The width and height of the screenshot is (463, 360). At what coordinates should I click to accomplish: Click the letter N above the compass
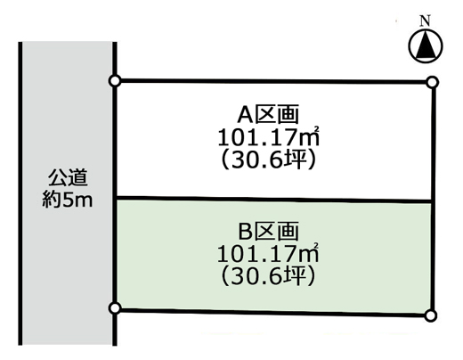tap(426, 20)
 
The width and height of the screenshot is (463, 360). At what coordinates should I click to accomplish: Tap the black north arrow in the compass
tap(426, 45)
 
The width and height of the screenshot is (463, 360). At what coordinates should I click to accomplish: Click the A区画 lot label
tap(268, 115)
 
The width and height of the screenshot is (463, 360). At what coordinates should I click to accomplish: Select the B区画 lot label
tap(268, 232)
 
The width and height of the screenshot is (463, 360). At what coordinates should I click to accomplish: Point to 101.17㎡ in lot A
tap(269, 137)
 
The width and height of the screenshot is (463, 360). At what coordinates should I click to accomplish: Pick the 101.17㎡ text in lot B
tap(268, 253)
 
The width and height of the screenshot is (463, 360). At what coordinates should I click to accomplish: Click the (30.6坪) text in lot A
tap(268, 160)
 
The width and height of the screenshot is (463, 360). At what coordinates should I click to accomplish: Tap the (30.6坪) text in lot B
tap(268, 276)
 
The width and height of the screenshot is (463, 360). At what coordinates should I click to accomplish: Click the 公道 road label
tap(68, 177)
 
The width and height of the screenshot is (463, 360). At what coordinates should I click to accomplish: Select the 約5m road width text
tap(68, 200)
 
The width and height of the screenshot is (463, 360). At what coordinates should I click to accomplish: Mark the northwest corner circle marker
tap(115, 81)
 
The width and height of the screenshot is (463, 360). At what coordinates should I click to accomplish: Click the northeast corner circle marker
tap(433, 82)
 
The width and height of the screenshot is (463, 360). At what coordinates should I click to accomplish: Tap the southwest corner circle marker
tap(115, 308)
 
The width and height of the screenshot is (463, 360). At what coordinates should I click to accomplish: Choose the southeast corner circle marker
tap(430, 315)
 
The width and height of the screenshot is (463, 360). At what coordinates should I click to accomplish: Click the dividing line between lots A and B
tap(273, 200)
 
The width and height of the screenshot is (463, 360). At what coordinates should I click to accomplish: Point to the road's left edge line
tap(20, 193)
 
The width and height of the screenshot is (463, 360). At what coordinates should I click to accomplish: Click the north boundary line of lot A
tap(273, 81)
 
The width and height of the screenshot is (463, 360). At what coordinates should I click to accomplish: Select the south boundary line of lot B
tap(272, 312)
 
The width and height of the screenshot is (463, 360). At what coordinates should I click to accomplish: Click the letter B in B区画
tap(246, 232)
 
